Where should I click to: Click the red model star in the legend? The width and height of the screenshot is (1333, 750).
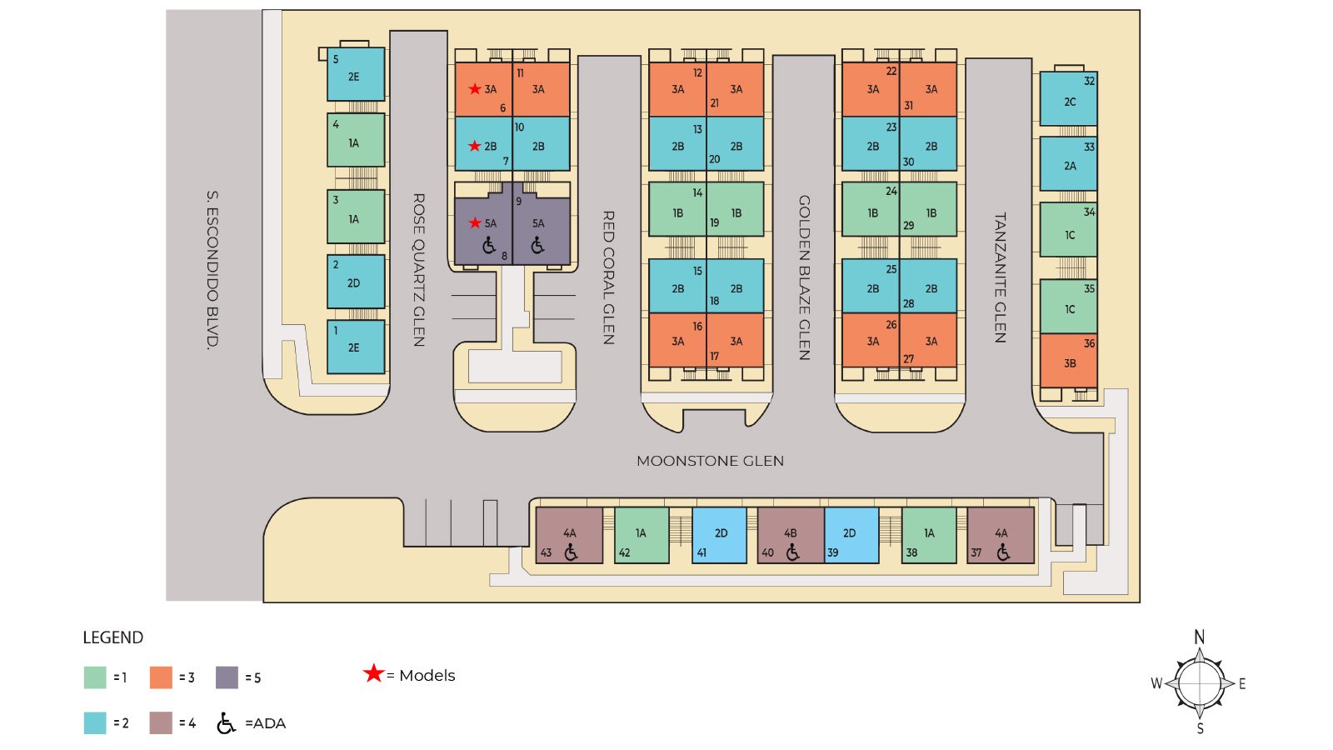coord(373,672)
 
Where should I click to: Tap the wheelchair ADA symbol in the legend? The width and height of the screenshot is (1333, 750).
coord(226,723)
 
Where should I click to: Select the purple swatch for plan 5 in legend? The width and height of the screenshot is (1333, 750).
coord(227,677)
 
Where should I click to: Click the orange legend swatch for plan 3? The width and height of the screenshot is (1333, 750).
coord(161,677)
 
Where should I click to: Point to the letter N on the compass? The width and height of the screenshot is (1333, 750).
coord(1200,637)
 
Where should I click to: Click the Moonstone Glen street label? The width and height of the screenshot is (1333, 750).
coord(710,461)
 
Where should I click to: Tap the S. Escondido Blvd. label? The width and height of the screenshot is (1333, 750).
coord(212,269)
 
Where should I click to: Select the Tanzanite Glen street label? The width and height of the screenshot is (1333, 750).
coord(1000,277)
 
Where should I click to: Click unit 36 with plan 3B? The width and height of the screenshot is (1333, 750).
coord(1069,360)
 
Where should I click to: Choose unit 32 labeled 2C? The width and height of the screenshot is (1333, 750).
coord(1069,98)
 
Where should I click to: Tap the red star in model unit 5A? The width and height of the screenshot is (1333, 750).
coord(475,222)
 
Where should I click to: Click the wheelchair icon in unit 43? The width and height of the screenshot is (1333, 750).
coord(571,552)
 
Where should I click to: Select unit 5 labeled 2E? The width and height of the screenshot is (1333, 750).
coord(356,74)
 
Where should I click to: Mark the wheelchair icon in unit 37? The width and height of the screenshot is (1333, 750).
coord(1003,552)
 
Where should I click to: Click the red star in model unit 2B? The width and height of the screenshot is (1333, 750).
coord(475,146)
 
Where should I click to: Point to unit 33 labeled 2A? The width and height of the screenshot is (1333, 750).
coord(1069,163)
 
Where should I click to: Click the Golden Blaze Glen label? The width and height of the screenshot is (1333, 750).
coord(804,277)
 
